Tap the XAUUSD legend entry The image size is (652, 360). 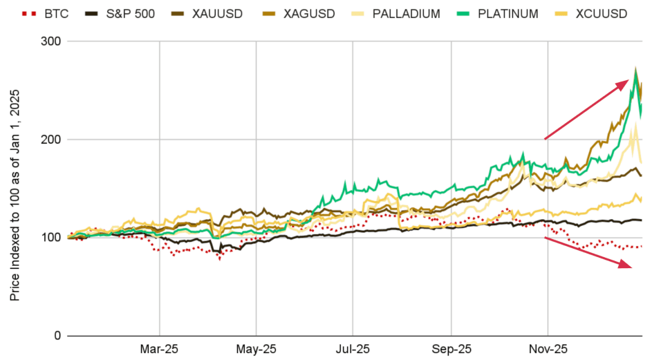tap(215, 14)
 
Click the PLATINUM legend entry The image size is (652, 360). tap(513, 14)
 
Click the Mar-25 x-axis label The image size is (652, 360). tap(159, 350)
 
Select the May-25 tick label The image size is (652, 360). tap(256, 350)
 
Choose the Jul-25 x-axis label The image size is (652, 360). tap(353, 350)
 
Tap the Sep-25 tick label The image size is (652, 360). tap(451, 350)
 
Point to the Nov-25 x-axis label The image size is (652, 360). tap(548, 350)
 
